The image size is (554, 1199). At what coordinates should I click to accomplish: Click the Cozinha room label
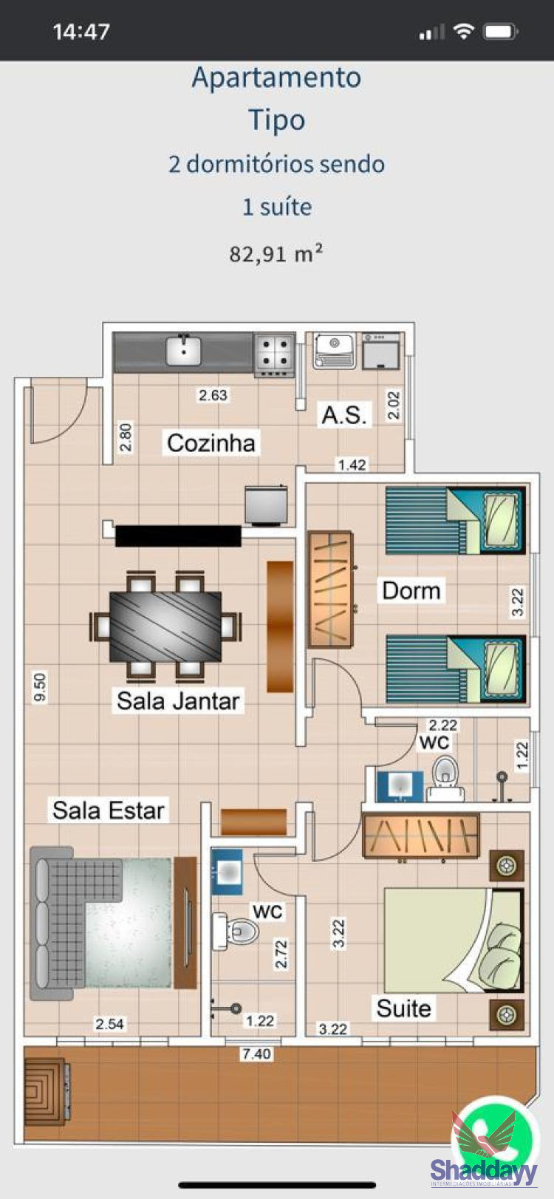(211, 443)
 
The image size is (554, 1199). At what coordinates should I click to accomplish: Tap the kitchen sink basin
(183, 350)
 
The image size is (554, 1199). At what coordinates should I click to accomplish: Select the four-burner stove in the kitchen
(275, 355)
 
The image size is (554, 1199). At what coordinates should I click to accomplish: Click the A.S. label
(344, 415)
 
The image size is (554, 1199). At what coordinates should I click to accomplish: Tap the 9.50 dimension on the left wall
(40, 687)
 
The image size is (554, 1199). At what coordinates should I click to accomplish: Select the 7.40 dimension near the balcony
(257, 1053)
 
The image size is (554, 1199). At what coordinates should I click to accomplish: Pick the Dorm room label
(411, 590)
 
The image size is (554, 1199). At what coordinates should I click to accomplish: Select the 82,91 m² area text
(276, 253)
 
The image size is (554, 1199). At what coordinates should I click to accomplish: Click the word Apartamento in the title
(277, 78)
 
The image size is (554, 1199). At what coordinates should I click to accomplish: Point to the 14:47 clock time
(81, 32)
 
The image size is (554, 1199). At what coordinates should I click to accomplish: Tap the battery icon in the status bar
(501, 32)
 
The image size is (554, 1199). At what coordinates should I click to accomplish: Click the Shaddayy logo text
(484, 1171)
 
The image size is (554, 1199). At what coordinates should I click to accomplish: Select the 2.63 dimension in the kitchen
(213, 395)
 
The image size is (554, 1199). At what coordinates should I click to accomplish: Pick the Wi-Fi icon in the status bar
(463, 32)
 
